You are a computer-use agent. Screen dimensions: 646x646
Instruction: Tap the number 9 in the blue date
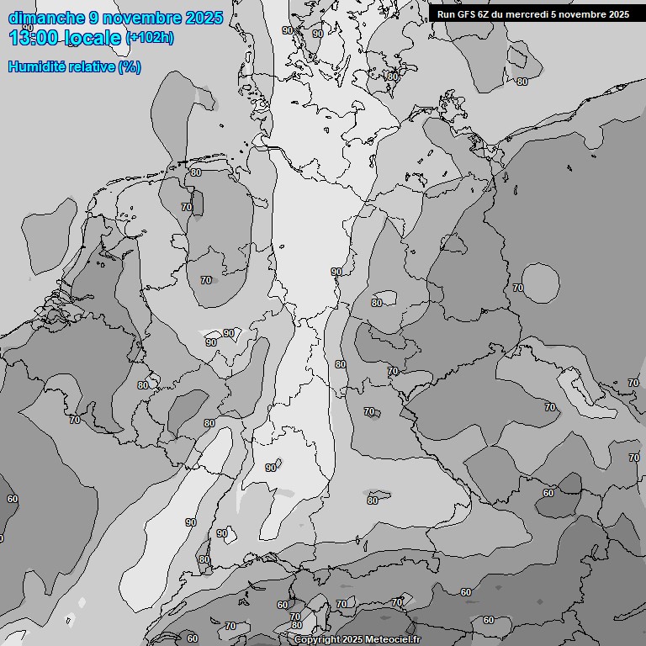[x=94, y=18]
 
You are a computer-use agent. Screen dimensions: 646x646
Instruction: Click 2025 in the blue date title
[x=204, y=18]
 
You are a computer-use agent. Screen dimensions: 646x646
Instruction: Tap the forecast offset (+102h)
[x=150, y=38]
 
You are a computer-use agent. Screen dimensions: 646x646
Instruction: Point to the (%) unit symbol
[x=130, y=67]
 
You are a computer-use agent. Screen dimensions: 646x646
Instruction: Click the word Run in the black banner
[x=447, y=14]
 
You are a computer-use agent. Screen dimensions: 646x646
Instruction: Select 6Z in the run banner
[x=488, y=14]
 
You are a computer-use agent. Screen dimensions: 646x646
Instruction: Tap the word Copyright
[x=317, y=640]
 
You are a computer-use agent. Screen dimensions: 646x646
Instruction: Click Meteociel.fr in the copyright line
[x=394, y=640]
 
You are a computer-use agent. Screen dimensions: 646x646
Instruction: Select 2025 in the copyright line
[x=353, y=640]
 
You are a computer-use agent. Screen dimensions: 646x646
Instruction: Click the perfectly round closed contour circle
[x=540, y=283]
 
